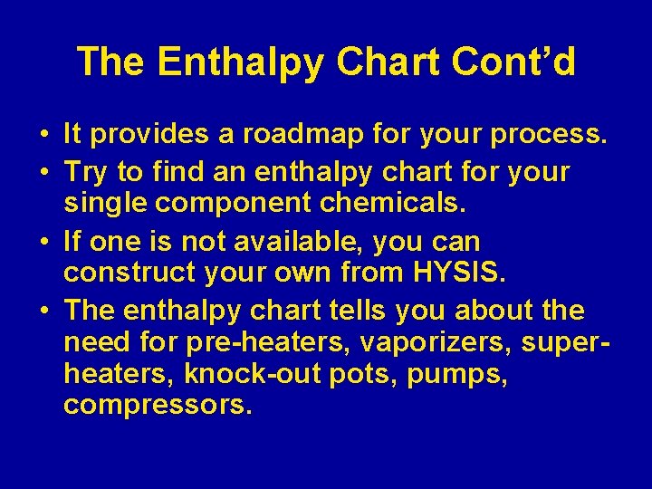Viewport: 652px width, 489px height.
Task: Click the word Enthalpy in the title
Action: click(240, 62)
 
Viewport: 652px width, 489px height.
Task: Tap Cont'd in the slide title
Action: click(513, 62)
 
